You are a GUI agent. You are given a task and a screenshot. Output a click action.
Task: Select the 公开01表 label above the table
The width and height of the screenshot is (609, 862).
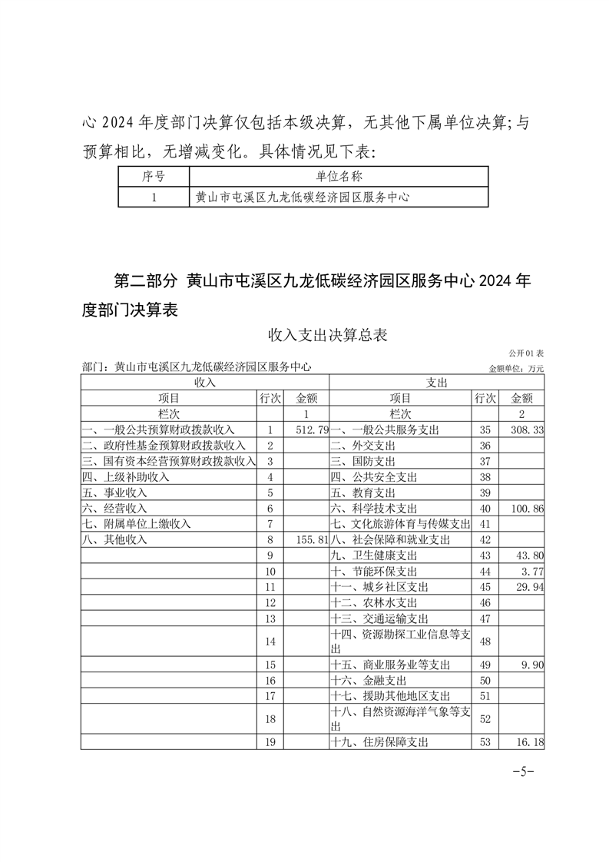pyautogui.click(x=525, y=353)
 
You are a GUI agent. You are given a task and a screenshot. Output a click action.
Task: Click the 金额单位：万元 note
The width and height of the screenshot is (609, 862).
pyautogui.click(x=516, y=368)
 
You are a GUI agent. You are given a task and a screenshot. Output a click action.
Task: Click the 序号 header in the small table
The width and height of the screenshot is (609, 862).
pyautogui.click(x=154, y=176)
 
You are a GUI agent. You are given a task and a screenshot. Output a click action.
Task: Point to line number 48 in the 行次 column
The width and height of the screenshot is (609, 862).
pyautogui.click(x=484, y=641)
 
